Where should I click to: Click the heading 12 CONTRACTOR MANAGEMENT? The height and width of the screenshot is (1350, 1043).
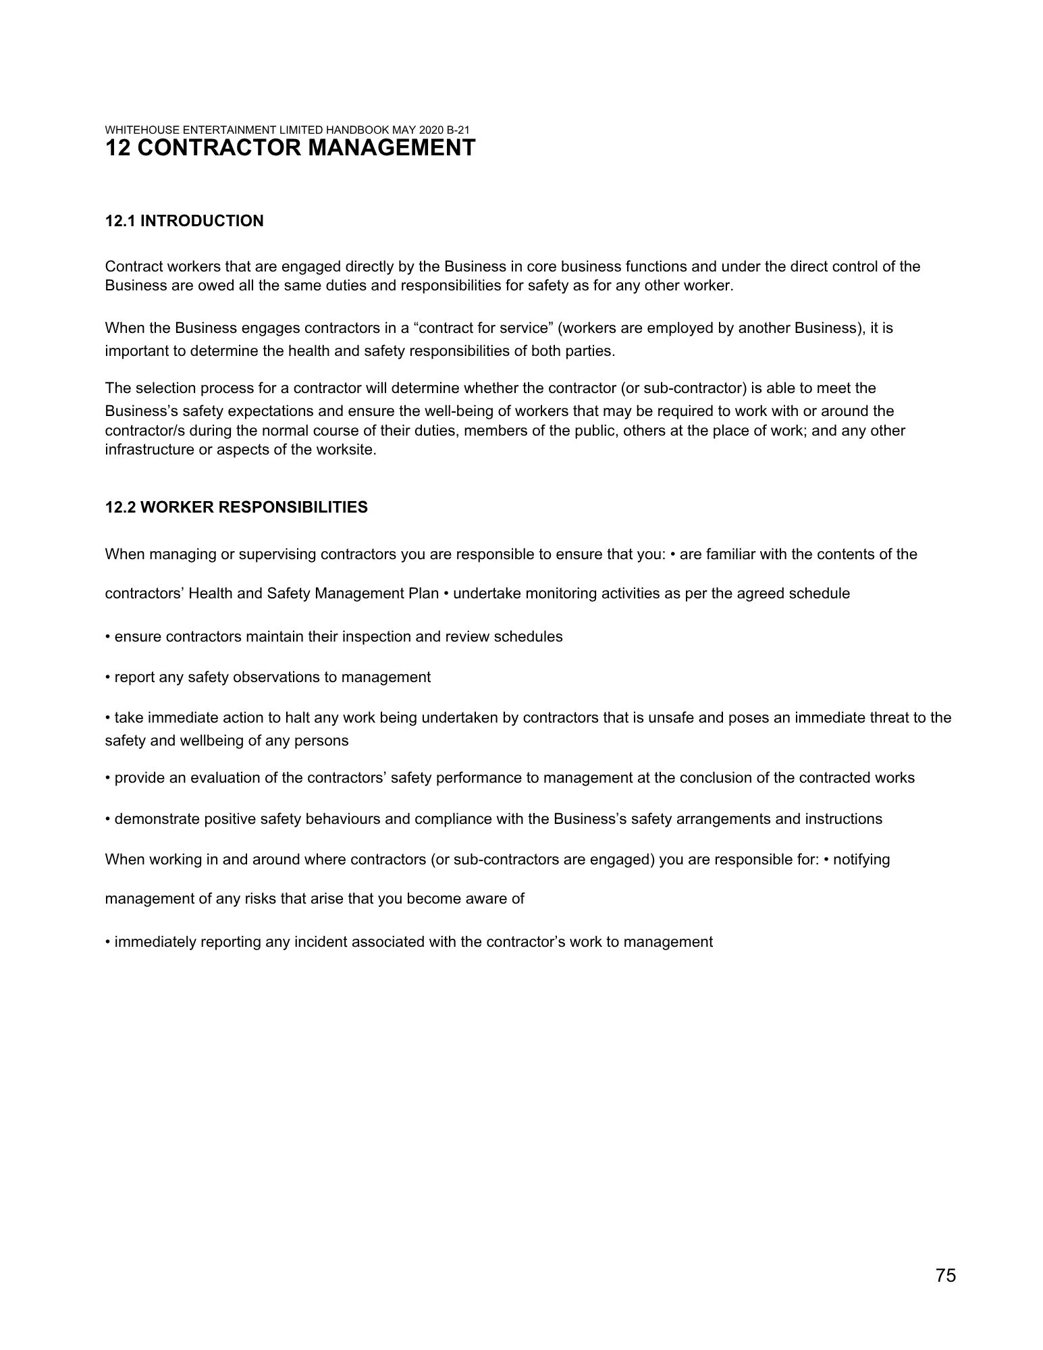click(x=290, y=148)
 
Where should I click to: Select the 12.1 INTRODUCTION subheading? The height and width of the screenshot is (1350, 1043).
click(x=184, y=221)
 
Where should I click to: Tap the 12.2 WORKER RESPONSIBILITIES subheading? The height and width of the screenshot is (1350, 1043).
click(x=236, y=507)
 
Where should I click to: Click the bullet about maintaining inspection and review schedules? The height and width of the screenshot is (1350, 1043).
click(x=334, y=637)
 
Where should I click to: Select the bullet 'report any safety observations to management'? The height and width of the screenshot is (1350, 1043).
click(x=268, y=677)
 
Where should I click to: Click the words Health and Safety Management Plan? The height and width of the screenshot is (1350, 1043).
click(x=314, y=594)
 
